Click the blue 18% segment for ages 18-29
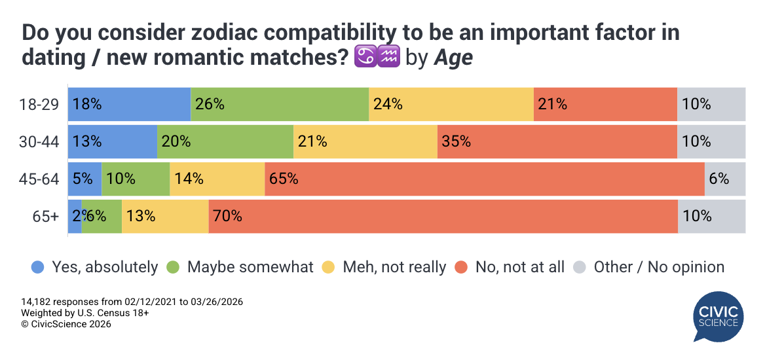coord(129,103)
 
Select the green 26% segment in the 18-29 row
coord(280,103)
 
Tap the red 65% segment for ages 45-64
coord(484,179)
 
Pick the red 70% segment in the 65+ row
coord(443,216)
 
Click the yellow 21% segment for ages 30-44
coord(365,141)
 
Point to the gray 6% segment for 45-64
coord(725,179)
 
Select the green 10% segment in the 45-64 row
coord(136,179)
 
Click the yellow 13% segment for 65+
coord(165,216)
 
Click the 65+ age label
coord(46,217)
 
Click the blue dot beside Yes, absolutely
coord(38,267)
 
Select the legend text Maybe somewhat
coord(250,267)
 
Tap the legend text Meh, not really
coord(394,267)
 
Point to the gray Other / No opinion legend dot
coord(580,267)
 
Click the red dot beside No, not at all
coord(462,267)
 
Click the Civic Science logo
coord(718,315)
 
